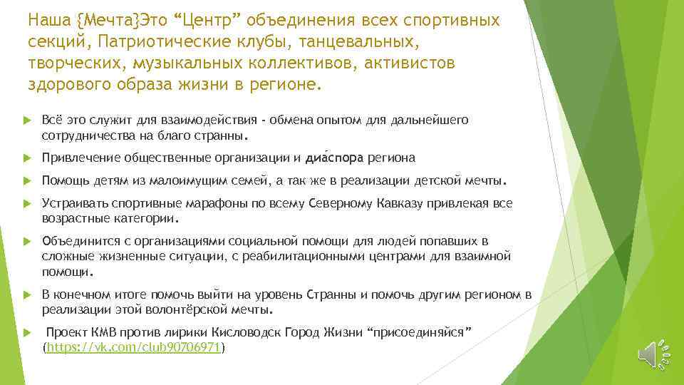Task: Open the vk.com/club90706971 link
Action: [135, 347]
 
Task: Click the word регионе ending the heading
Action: [284, 85]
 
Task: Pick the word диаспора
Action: [333, 158]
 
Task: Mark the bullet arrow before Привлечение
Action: [26, 158]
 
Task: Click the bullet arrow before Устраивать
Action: [26, 203]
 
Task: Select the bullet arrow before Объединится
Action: [26, 242]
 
